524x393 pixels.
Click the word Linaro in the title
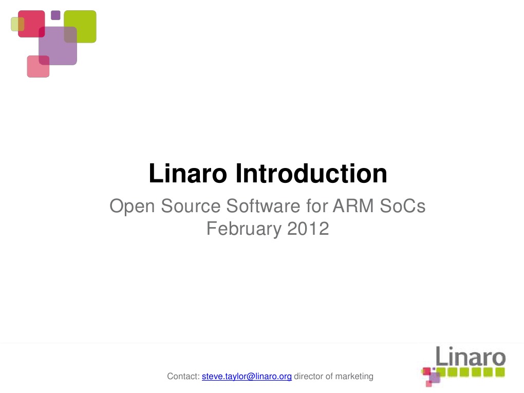188,174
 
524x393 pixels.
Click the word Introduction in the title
311,174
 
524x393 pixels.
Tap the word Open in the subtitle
132,207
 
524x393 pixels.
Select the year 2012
308,229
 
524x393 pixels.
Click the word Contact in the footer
183,377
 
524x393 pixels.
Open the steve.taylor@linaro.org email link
247,377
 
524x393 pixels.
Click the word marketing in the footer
354,377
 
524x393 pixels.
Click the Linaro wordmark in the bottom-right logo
471,357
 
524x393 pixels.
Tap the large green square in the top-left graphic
82,23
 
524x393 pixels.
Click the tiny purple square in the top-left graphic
55,15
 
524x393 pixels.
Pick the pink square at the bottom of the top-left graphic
38,68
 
